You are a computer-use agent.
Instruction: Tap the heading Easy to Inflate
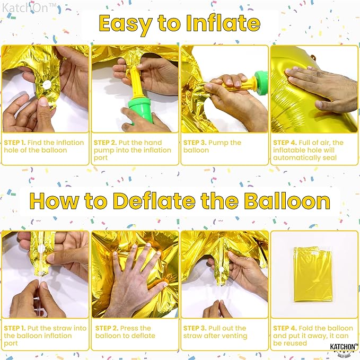point(179,24)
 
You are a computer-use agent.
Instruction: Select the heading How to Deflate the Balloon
point(180,201)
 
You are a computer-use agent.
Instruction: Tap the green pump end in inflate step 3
point(260,82)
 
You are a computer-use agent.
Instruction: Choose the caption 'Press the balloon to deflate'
point(123,332)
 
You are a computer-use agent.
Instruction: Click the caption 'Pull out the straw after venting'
point(215,332)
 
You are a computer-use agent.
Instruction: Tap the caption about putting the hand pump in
point(133,150)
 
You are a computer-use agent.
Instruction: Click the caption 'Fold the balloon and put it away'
point(311,336)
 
